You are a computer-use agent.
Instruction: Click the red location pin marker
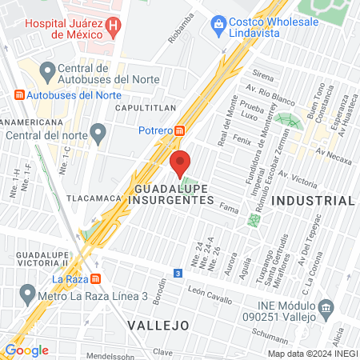180,163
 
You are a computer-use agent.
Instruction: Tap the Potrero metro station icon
181,130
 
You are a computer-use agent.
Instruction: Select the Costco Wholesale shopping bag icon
218,23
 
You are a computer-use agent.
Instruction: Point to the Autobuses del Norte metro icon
19,95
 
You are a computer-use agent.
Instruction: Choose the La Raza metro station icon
95,279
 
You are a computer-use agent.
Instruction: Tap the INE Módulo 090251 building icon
326,308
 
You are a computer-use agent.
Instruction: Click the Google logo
26,350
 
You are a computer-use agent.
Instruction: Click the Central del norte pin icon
98,131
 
